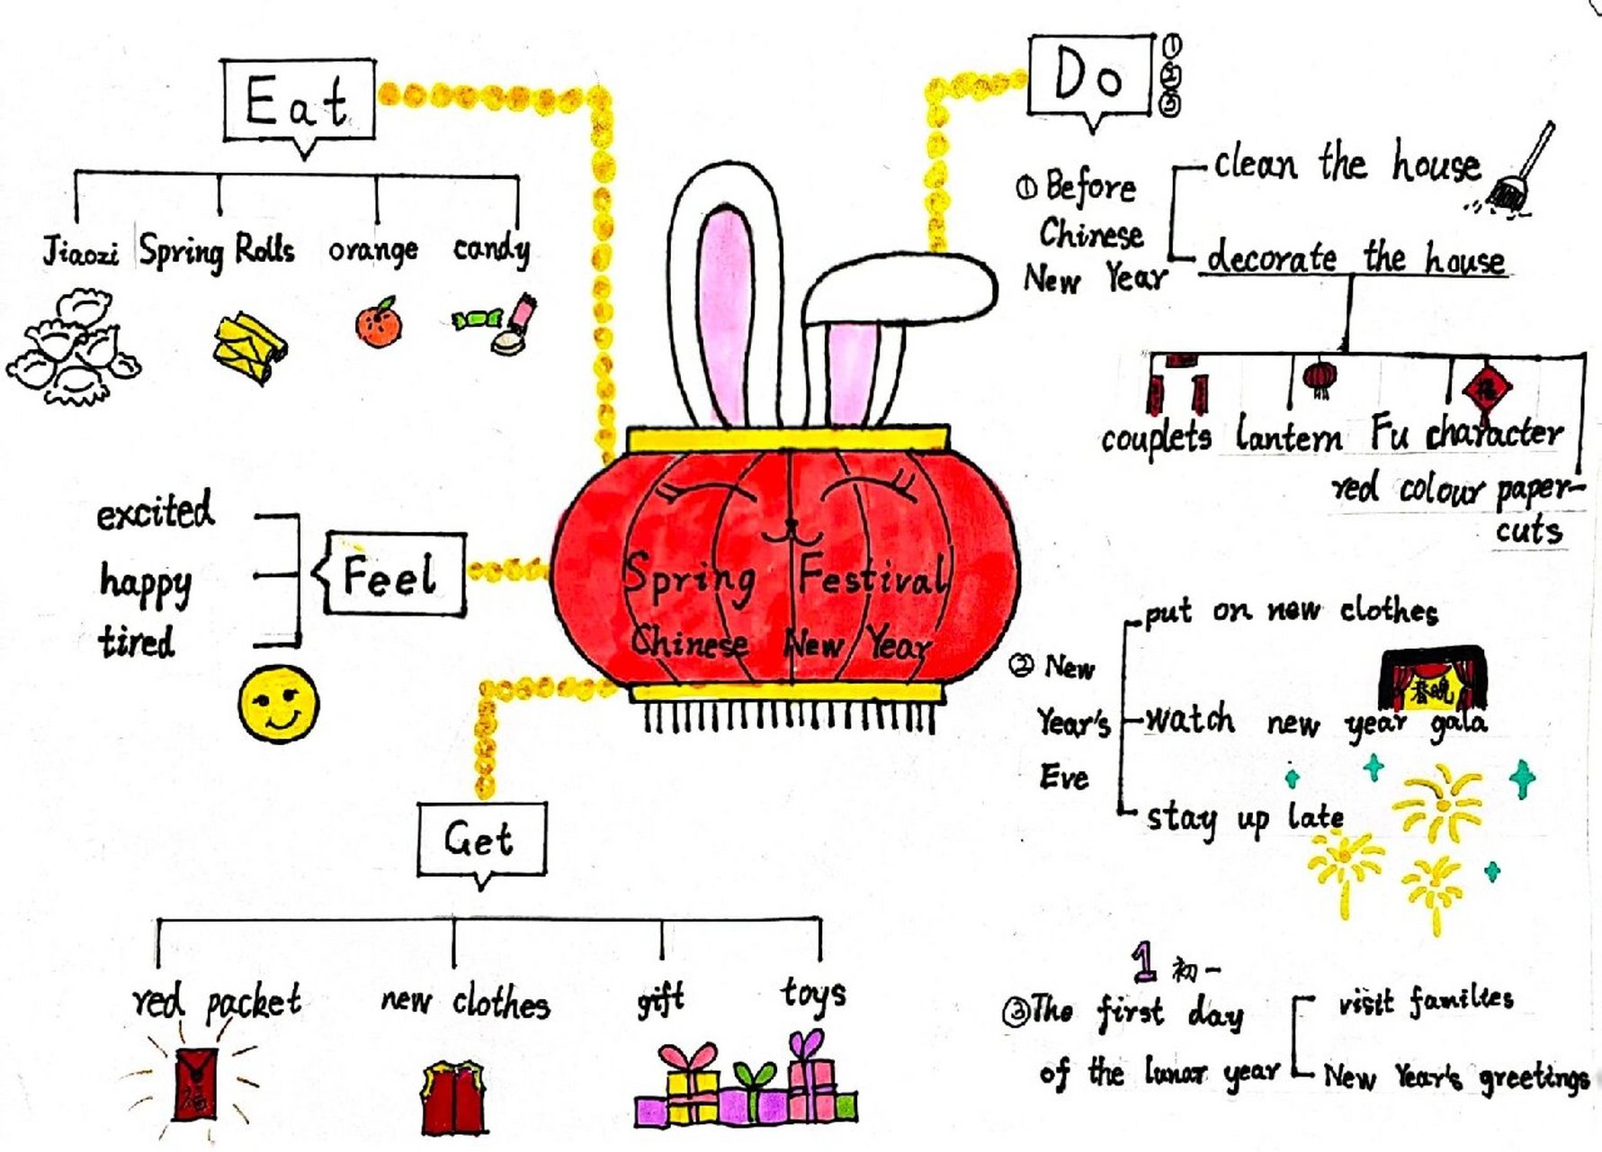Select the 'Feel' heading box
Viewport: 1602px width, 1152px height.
394,574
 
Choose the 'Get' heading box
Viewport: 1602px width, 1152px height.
481,840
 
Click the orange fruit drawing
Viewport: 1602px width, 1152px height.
379,323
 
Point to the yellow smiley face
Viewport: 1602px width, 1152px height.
279,704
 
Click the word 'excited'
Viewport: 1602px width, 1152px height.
155,512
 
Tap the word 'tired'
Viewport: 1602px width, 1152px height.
137,643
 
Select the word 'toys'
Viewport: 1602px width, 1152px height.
812,994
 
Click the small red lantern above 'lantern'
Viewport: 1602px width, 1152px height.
1320,378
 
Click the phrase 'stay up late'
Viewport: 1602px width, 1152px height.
1244,818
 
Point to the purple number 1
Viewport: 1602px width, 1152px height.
1144,961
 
